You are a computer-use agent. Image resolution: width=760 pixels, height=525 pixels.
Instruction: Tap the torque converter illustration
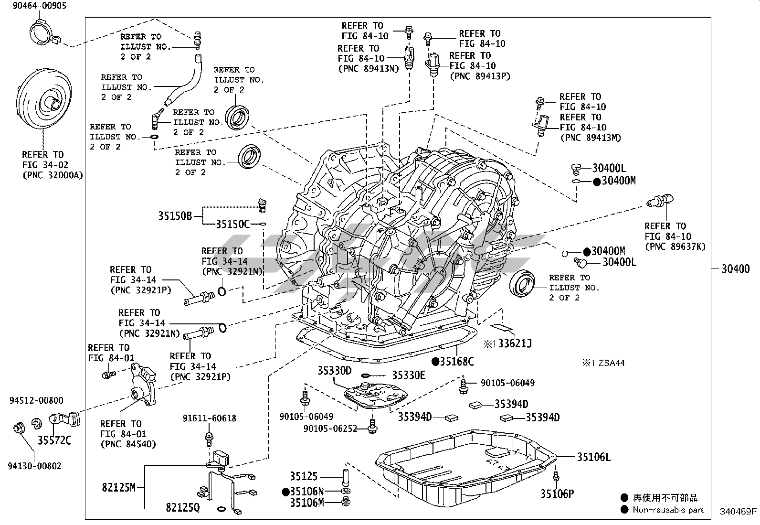43,101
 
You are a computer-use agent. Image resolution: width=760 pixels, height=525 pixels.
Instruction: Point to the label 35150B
175,216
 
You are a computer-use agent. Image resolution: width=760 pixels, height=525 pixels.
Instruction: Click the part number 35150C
232,224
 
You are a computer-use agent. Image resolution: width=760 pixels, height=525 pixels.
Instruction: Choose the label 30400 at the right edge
735,269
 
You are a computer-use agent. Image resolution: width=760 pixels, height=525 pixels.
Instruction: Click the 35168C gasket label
456,362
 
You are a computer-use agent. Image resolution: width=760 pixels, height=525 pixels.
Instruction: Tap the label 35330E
409,375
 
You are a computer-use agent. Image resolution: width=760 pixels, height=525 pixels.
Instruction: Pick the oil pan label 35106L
593,457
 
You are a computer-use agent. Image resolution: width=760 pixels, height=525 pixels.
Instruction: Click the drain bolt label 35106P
557,494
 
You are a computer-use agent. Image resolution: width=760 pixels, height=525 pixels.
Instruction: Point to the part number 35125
304,476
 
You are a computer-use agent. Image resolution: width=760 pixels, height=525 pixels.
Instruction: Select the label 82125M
118,487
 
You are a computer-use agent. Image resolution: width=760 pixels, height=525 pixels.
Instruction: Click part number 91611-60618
209,418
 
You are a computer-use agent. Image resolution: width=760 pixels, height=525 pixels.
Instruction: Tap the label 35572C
54,440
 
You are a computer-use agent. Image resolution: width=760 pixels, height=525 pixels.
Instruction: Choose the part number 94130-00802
35,466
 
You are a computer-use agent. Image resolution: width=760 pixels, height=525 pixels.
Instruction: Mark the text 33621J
514,343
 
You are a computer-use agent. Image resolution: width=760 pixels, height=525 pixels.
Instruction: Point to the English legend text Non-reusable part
668,510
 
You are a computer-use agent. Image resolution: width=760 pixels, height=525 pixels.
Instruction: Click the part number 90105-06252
330,429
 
